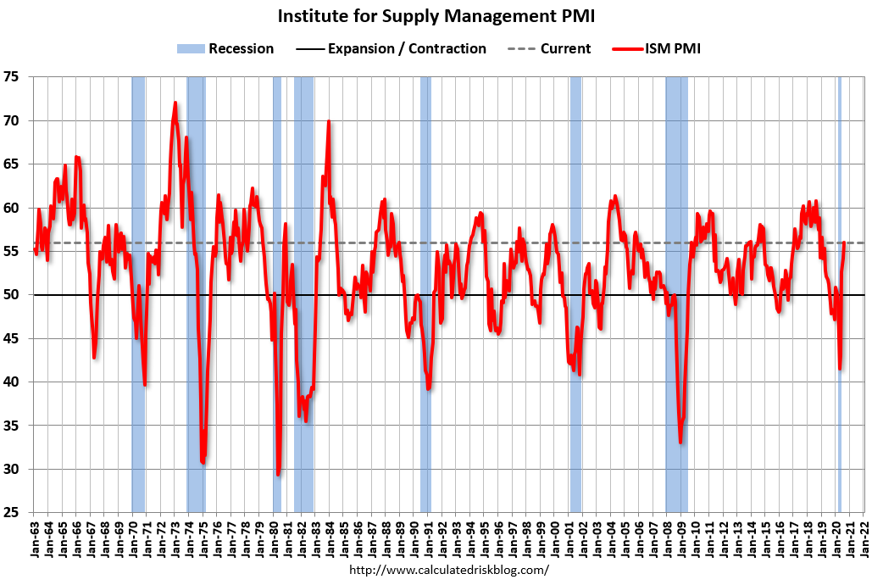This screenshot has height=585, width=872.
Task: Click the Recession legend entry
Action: point(225,49)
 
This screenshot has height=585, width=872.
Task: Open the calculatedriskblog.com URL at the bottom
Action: point(448,571)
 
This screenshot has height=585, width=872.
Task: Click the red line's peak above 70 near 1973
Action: point(175,103)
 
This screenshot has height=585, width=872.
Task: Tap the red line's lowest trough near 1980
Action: point(279,474)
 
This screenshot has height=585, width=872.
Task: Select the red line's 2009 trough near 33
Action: point(680,442)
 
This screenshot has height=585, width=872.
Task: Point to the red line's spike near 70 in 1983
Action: point(329,121)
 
